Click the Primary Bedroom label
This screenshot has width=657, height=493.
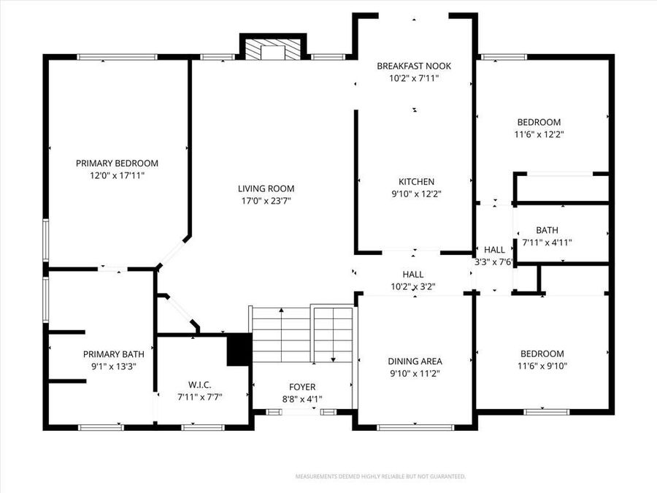(117, 164)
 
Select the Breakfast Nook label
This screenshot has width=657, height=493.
(414, 66)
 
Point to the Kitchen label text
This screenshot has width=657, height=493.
(416, 182)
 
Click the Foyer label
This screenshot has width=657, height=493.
(302, 386)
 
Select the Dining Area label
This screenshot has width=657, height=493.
(415, 361)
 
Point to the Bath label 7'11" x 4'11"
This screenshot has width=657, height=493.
(547, 230)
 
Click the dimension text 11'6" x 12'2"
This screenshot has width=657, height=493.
(539, 134)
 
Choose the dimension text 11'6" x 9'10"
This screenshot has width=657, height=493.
(542, 367)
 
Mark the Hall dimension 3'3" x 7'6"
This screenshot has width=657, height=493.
(495, 261)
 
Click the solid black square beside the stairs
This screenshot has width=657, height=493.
(239, 349)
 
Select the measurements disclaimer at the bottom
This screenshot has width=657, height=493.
(380, 476)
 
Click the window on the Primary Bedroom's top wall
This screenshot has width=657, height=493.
(117, 56)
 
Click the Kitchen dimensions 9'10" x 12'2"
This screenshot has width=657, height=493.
(416, 194)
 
